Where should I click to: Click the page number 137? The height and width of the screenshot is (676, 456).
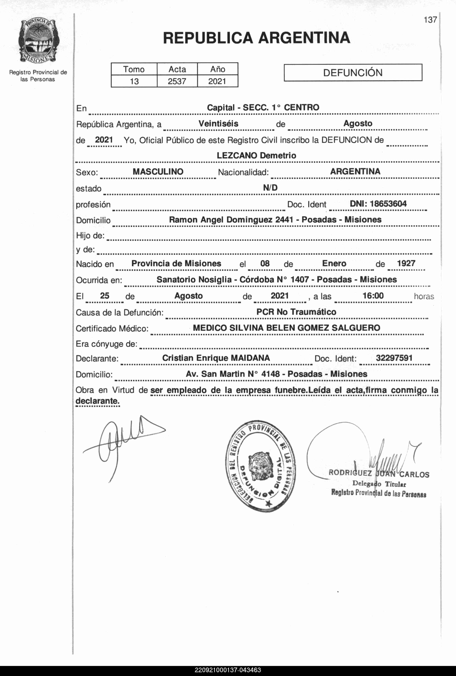tap(430, 20)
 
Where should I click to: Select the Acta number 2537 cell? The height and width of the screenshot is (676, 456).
tap(177, 81)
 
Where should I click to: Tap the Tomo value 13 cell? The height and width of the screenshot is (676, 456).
tap(134, 81)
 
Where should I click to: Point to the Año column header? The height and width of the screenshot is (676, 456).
tap(218, 69)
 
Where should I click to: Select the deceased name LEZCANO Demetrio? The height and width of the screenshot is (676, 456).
tap(256, 155)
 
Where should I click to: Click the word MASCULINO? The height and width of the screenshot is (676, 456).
tap(158, 172)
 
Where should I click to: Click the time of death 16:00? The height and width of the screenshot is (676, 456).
tap(373, 296)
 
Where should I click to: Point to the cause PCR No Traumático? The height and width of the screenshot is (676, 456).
tap(296, 312)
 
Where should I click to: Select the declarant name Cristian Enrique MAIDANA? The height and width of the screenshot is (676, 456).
tap(216, 358)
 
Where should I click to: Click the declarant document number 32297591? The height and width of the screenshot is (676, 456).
tap(394, 358)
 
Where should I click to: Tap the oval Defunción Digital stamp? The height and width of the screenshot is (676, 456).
tap(260, 465)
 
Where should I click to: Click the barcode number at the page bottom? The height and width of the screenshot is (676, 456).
tap(228, 670)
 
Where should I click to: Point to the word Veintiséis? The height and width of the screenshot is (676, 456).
tap(218, 124)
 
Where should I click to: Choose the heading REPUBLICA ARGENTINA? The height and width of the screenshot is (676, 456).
tap(256, 38)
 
